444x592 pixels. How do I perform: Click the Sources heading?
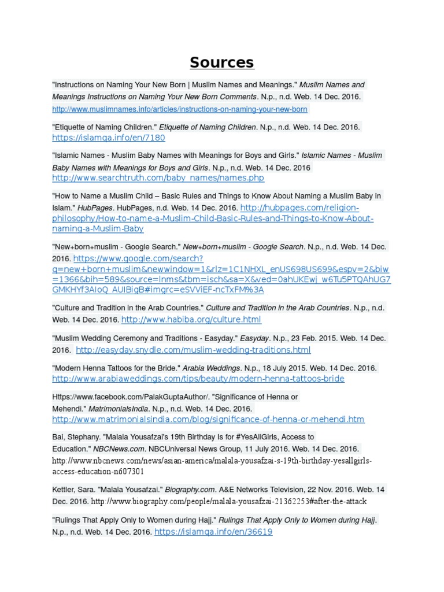222,62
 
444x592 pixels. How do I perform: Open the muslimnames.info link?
180,109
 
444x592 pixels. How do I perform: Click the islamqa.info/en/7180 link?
109,138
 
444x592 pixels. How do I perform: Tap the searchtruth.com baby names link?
158,178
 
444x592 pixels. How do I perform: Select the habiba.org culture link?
191,319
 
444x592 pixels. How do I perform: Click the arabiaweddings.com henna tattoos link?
198,379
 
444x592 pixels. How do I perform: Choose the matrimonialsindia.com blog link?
208,419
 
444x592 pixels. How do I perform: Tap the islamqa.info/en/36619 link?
213,531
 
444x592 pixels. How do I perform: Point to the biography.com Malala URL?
229,501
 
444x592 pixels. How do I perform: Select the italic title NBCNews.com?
119,449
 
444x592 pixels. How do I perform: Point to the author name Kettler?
65,489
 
